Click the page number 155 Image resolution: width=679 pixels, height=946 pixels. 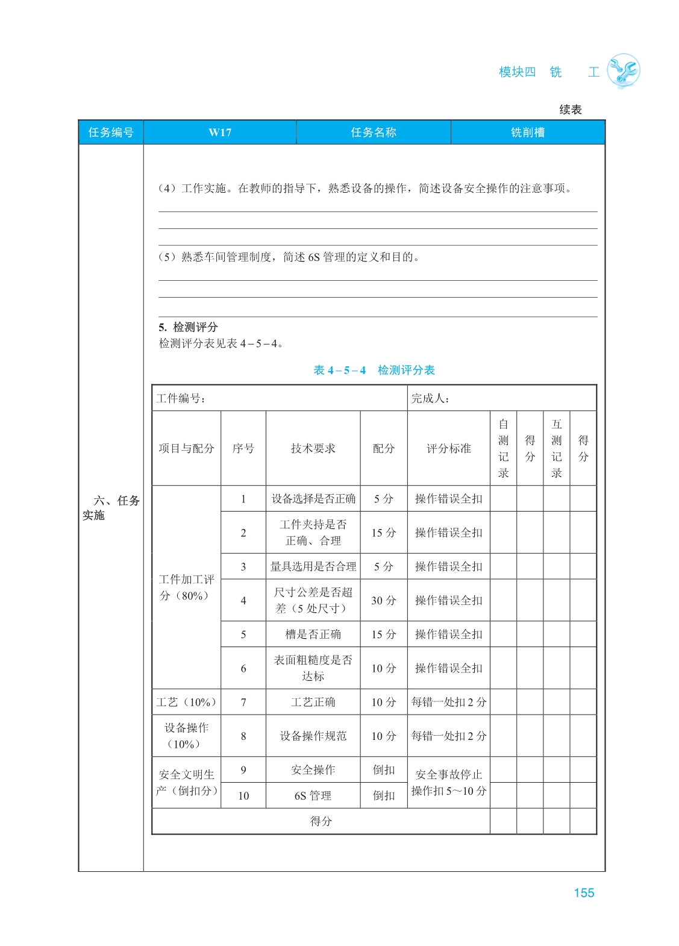[583, 892]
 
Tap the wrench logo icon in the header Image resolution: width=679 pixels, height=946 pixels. [623, 71]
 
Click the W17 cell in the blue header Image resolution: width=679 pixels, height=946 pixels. [220, 133]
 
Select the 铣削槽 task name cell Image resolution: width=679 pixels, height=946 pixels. [527, 133]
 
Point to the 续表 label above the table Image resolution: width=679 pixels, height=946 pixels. [570, 110]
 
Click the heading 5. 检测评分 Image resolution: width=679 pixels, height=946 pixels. [188, 327]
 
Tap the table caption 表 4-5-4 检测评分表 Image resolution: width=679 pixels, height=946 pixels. [374, 370]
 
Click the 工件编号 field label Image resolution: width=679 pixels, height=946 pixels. [181, 398]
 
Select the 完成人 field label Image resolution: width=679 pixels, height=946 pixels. [430, 398]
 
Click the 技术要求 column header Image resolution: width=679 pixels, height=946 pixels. [313, 448]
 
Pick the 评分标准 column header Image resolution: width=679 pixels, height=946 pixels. [448, 448]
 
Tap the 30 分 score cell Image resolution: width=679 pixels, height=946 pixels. [383, 600]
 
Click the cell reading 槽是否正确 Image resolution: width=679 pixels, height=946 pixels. [313, 634]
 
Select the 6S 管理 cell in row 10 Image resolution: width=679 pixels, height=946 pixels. [313, 795]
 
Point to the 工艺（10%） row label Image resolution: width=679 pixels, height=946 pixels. [186, 702]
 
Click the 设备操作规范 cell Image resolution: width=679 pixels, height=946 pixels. [313, 736]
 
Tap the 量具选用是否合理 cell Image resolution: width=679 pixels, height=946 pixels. [313, 566]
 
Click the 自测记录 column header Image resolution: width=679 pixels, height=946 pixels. [503, 448]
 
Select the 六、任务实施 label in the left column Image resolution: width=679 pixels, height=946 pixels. [111, 507]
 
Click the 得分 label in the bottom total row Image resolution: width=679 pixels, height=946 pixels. [321, 821]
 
